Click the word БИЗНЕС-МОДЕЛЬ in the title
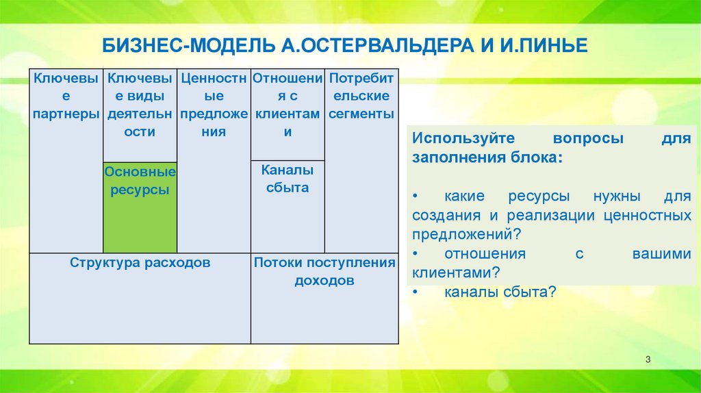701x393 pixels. pos(188,46)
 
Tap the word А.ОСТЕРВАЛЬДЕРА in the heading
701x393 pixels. pos(377,46)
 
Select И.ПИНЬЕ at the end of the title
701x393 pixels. pos(544,46)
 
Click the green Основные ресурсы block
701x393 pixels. pos(140,207)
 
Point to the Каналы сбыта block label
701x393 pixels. pos(288,179)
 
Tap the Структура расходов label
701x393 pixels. pos(140,262)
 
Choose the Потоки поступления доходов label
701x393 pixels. pos(324,271)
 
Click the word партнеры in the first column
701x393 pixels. pos(66,114)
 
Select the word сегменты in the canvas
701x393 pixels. pos(361,114)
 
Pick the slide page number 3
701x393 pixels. pos(648,359)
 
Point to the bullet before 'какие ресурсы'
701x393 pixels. pos(416,196)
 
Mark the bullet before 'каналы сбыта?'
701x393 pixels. pos(416,292)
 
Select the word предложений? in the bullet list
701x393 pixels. pos(467,234)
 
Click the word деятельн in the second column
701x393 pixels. pos(140,114)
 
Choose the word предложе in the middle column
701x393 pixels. pos(214,114)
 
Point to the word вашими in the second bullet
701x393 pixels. pos(662,253)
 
